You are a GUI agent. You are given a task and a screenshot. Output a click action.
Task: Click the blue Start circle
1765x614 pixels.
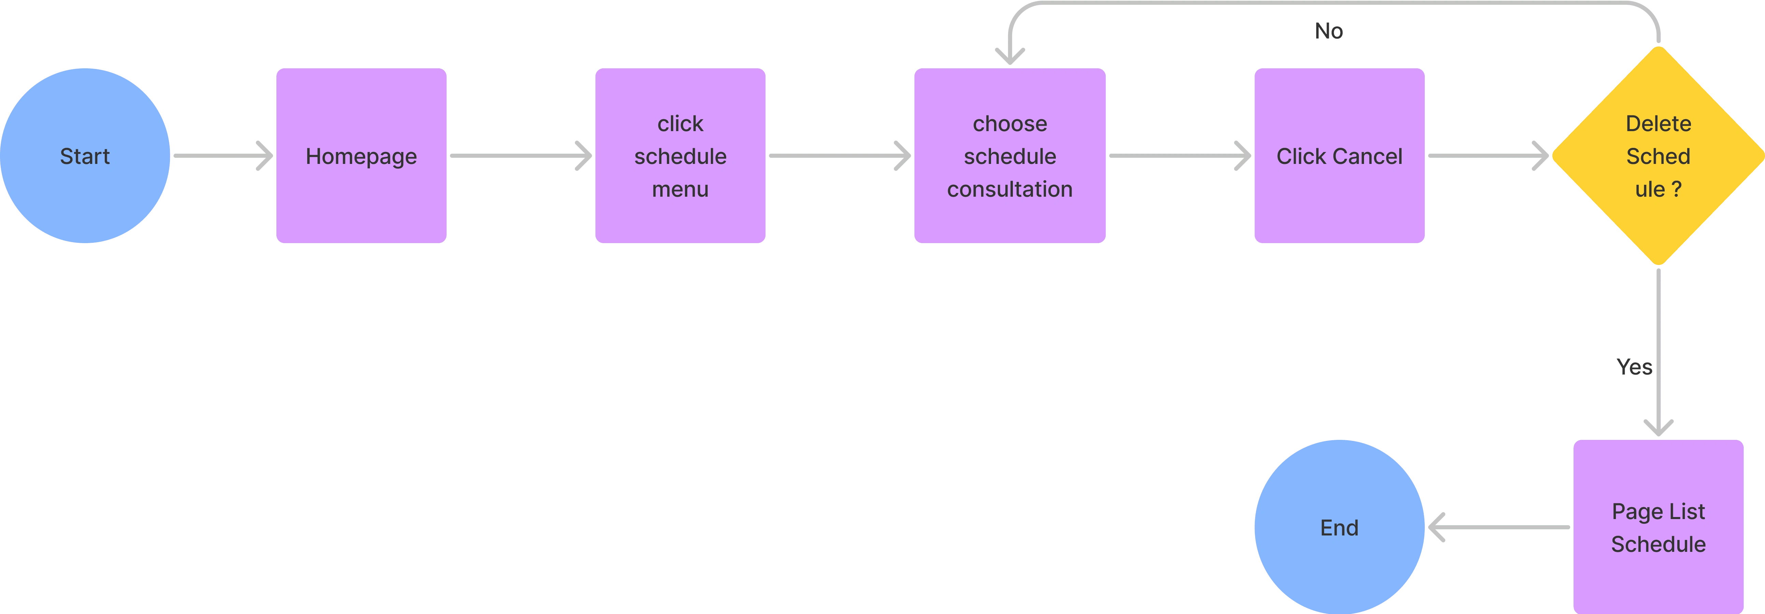85,156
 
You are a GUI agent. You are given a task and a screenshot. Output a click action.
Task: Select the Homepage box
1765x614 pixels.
361,156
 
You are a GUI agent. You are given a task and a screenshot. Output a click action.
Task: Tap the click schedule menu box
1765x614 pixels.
680,156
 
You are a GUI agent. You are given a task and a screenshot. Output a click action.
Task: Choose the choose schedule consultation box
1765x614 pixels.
1010,156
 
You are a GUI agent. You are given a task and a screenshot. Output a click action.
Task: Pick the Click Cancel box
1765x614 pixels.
1339,156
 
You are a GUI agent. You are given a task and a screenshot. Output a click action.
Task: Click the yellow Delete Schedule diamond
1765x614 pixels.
1658,156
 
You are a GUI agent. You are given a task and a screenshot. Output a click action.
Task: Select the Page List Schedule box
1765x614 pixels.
1658,527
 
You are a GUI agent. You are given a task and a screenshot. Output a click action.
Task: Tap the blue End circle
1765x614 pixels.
1339,527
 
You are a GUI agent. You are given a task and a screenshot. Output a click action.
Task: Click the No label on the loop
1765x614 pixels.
1329,31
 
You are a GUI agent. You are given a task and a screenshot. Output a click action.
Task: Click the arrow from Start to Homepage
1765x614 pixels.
224,156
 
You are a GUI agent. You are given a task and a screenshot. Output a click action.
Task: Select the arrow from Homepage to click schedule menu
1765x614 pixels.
521,156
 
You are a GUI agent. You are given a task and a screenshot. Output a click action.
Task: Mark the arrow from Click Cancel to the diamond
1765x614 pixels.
1488,156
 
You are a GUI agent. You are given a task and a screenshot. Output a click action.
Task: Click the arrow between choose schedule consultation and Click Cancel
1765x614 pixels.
1180,156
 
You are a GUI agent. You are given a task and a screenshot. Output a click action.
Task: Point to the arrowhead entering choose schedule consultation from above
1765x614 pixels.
1010,56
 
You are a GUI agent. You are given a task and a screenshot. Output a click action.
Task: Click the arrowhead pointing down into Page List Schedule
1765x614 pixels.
1658,428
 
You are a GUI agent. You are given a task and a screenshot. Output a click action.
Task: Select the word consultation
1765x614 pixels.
1010,189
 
